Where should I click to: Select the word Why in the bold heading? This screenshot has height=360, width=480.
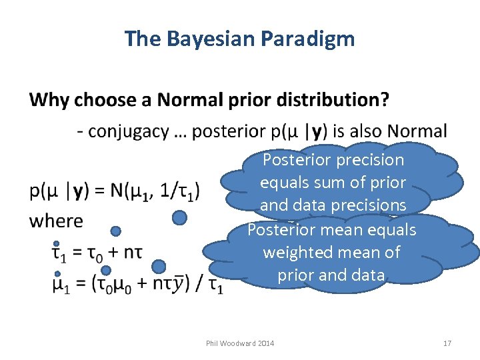pos(49,100)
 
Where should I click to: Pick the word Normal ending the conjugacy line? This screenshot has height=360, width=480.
pos(417,131)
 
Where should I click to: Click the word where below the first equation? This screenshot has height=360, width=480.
pos(57,221)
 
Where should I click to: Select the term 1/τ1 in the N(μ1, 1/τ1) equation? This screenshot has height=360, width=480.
pos(185,191)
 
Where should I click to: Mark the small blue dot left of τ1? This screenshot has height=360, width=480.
pos(57,243)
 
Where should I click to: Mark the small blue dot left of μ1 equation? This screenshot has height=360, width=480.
pos(57,273)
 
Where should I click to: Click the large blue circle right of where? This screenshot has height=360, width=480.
pos(179,217)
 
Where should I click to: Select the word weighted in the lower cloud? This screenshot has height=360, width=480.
pos(294,253)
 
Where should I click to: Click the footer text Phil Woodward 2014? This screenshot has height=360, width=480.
pos(239,343)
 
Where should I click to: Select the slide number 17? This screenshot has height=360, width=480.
pos(447,343)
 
